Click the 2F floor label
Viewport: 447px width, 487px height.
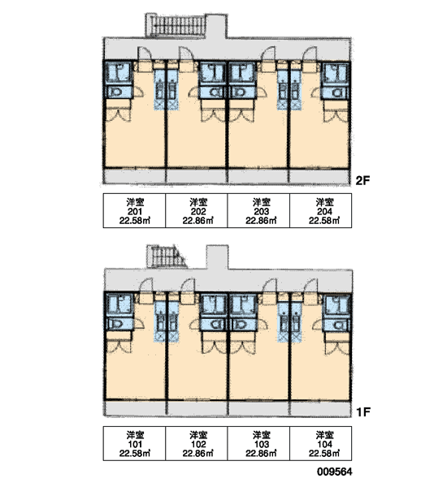click(x=362, y=180)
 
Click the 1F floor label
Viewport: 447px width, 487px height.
click(x=363, y=412)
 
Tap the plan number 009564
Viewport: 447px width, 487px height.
click(x=335, y=472)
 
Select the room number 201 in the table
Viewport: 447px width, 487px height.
click(x=135, y=212)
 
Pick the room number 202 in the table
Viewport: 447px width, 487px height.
click(x=197, y=212)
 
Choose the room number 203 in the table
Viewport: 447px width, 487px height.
click(x=261, y=212)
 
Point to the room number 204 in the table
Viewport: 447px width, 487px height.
click(x=324, y=212)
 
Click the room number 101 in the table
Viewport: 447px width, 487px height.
click(x=135, y=444)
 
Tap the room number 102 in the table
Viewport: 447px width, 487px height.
click(x=197, y=444)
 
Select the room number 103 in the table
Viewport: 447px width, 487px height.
click(x=261, y=444)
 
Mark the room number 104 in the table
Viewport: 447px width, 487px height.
click(x=324, y=444)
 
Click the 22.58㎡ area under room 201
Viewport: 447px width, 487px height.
click(x=135, y=221)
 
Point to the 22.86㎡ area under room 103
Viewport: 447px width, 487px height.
click(x=261, y=453)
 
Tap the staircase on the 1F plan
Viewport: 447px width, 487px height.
click(x=167, y=256)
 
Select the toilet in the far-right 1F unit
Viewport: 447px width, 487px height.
click(x=337, y=325)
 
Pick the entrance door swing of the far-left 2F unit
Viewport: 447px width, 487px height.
click(x=145, y=54)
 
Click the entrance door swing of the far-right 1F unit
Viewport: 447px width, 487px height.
click(x=310, y=286)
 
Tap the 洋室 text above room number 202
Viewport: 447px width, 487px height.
click(x=198, y=202)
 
